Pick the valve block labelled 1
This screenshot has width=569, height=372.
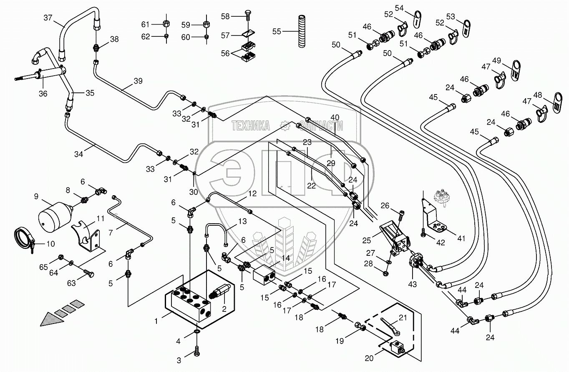[190, 305]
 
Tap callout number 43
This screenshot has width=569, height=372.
[413, 285]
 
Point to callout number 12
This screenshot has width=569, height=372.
[252, 194]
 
